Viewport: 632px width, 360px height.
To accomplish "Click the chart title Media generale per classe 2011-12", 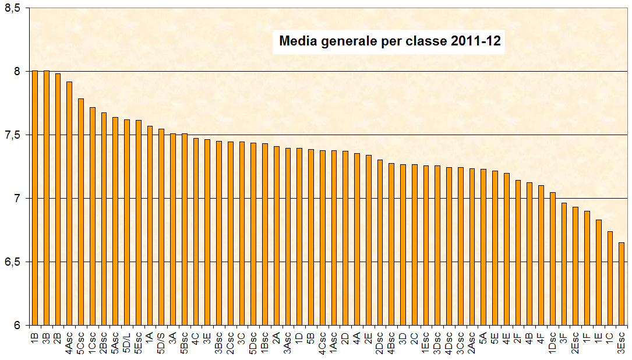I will tap(390, 41).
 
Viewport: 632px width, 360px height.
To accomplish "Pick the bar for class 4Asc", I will tap(69, 203).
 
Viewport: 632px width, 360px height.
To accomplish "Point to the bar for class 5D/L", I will tap(127, 222).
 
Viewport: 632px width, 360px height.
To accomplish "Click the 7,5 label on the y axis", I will tap(12, 135).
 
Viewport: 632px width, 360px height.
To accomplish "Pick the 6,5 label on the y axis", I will tap(12, 262).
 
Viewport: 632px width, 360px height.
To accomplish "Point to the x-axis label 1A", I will tap(150, 337).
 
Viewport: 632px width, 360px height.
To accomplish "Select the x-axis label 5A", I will tap(483, 337).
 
